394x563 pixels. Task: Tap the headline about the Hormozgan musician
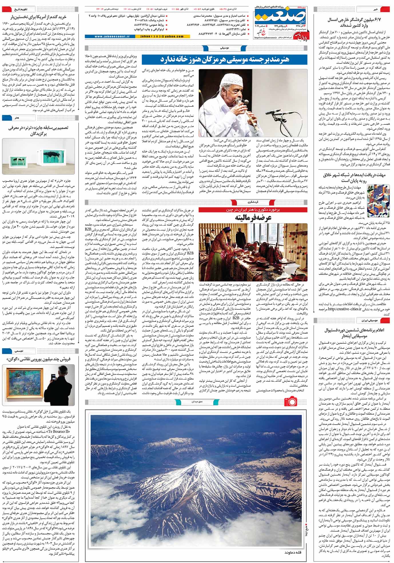point(224,59)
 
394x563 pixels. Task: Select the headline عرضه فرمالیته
point(253,217)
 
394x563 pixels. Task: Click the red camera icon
point(290,401)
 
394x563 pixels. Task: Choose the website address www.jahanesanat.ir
point(112,37)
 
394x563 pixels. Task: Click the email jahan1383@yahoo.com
point(162,37)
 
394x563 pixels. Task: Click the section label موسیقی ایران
point(374,319)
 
